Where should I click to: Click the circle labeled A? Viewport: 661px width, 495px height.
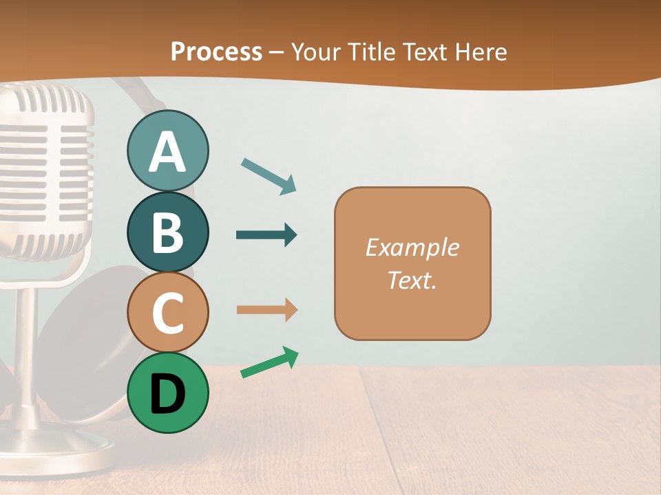click(x=167, y=151)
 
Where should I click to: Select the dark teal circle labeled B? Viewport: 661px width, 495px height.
click(x=167, y=232)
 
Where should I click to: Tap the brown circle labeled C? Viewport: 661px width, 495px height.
click(x=167, y=312)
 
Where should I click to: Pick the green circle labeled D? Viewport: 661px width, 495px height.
click(x=167, y=393)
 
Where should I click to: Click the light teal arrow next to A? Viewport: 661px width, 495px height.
click(x=269, y=176)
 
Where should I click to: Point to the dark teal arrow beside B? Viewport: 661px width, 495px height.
click(x=266, y=235)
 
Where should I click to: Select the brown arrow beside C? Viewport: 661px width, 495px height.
click(x=266, y=310)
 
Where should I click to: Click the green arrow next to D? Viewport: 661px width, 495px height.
click(x=269, y=362)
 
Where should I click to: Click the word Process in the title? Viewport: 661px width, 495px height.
click(x=216, y=52)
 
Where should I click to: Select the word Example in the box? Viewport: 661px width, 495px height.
click(x=412, y=247)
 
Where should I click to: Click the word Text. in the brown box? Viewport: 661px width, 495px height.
click(x=412, y=280)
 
